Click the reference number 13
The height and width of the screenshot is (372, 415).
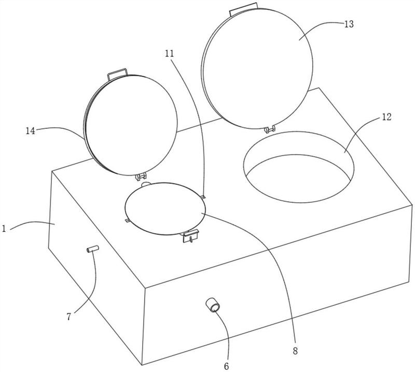coord(349,24)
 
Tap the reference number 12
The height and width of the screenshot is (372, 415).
coord(386,117)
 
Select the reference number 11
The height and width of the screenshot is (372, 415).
coord(170,54)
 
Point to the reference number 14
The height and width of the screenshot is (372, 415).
coord(31,131)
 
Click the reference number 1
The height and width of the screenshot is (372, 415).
coord(4,228)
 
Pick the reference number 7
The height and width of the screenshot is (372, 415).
coord(69,316)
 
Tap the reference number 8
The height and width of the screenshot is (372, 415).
coord(295,351)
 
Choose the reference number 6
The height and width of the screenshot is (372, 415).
coord(226,366)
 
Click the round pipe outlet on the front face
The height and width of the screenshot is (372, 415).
coord(213,305)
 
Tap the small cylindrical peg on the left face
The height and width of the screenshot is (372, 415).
coord(93,249)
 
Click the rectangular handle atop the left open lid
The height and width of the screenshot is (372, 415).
coord(117,74)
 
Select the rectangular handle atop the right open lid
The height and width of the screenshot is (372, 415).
coord(243,9)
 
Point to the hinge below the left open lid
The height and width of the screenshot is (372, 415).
coord(141,176)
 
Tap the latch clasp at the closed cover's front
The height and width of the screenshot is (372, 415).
coord(190,236)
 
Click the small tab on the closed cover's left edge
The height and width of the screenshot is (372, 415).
coord(127,221)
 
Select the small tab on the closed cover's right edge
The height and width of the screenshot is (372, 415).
coord(203,197)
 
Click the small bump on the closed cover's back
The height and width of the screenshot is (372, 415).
coord(146,184)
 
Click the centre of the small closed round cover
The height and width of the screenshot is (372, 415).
coord(164,209)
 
